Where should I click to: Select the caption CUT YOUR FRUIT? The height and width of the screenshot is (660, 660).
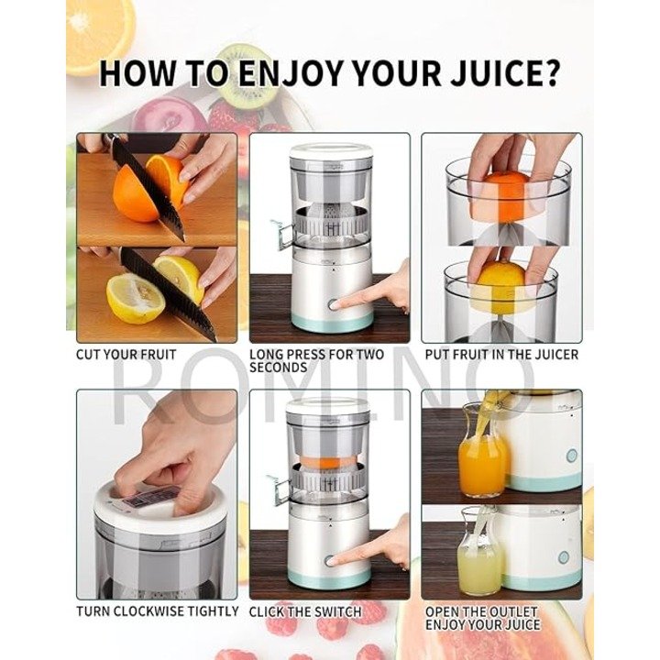(x=126, y=355)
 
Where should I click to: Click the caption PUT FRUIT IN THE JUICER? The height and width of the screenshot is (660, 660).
(x=501, y=355)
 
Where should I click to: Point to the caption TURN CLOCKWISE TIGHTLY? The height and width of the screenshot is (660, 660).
(x=158, y=610)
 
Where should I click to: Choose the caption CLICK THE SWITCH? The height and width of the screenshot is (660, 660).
(x=305, y=611)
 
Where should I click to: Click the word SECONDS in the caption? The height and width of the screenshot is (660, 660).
(x=279, y=368)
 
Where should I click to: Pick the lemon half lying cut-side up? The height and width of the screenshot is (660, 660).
(x=135, y=298)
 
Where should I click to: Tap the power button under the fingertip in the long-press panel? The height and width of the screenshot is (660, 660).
(x=333, y=304)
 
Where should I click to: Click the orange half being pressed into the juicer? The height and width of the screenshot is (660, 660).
(x=500, y=196)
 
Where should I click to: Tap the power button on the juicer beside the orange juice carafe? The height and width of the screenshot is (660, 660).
(x=571, y=456)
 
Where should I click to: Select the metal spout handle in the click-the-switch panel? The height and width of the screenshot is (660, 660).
(x=279, y=489)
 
